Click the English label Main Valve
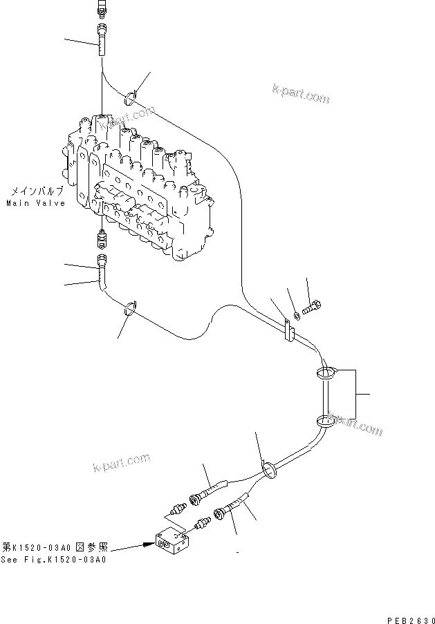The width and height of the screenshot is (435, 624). click(x=36, y=203)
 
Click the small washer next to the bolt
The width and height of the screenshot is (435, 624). click(x=296, y=315)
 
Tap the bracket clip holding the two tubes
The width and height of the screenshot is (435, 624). click(x=288, y=330)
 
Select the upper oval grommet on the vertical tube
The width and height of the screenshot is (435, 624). click(x=326, y=374)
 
